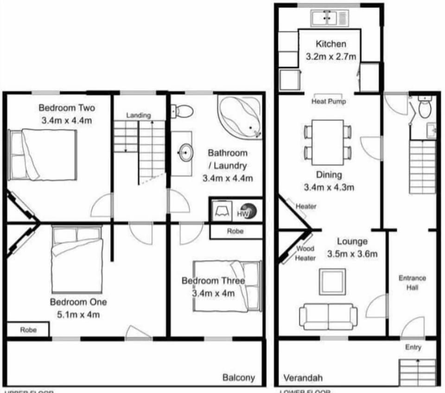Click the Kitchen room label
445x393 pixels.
(x=331, y=44)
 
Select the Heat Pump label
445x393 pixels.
(x=329, y=101)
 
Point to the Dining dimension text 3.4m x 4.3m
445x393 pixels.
(x=329, y=187)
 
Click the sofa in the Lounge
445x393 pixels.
(x=328, y=316)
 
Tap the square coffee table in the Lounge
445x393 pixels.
(x=332, y=281)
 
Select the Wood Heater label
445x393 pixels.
(x=305, y=253)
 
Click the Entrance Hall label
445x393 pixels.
(x=412, y=283)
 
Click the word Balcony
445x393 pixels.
(x=239, y=377)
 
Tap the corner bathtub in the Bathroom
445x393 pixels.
(x=240, y=117)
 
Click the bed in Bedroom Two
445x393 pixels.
(x=43, y=155)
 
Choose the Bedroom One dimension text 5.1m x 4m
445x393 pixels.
(x=78, y=315)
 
